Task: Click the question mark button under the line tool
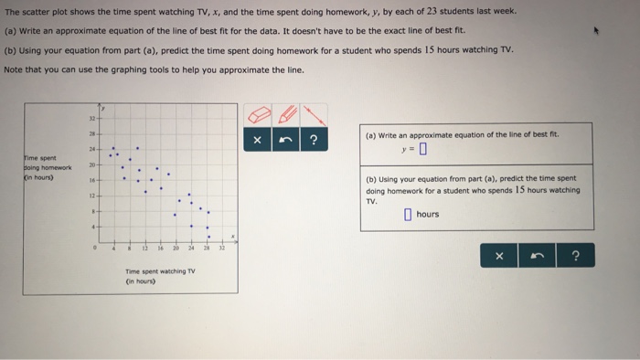coord(315,140)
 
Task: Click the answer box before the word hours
coord(408,215)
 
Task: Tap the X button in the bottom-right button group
coord(499,257)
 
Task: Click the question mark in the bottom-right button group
coord(575,257)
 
